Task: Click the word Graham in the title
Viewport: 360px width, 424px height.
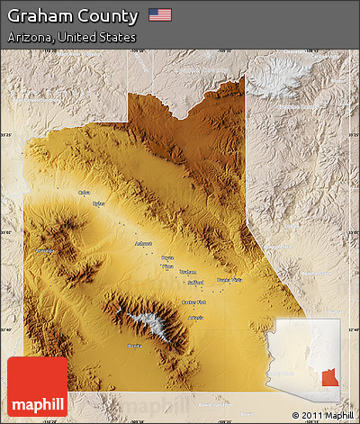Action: (x=40, y=15)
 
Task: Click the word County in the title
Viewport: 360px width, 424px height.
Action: (x=109, y=15)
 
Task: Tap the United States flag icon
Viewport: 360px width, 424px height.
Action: (x=159, y=14)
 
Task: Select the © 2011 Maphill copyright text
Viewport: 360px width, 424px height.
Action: (x=322, y=415)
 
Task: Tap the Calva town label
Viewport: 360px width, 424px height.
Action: (x=84, y=192)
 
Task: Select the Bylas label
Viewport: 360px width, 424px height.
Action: (x=98, y=203)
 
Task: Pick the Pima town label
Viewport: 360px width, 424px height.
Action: (x=166, y=266)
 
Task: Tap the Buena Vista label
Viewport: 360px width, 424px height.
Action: (x=229, y=280)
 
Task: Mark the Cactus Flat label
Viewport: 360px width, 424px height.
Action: (x=193, y=302)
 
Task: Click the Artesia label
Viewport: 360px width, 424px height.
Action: (x=195, y=318)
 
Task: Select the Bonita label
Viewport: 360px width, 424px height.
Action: (x=134, y=345)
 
